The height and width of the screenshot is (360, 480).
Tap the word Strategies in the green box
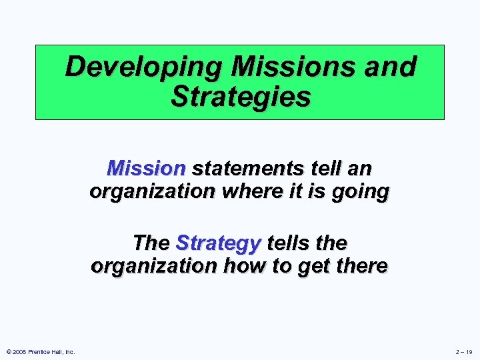(240, 97)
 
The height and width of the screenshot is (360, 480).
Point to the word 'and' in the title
(392, 67)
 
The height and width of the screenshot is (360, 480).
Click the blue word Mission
(146, 168)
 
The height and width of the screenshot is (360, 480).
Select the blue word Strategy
(218, 243)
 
